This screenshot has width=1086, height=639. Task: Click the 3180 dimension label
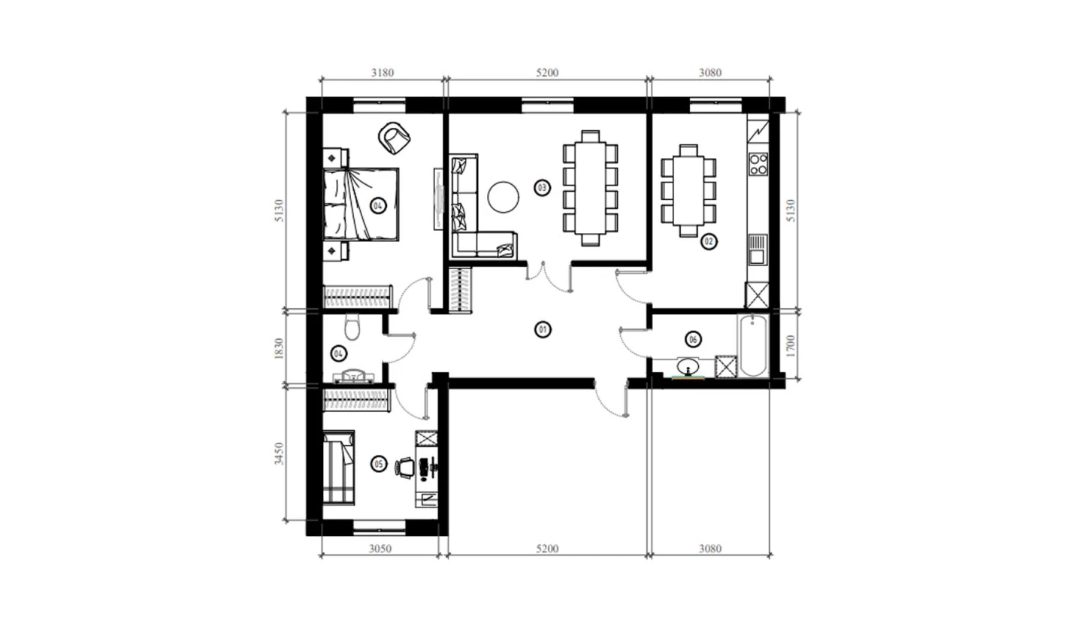click(x=382, y=73)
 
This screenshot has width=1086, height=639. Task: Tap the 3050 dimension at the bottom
click(x=380, y=549)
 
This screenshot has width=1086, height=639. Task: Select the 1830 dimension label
click(x=279, y=349)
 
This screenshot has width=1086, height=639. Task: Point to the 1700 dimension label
click(x=791, y=346)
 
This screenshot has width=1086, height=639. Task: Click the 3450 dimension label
click(x=279, y=453)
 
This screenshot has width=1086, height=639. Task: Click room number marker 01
click(x=543, y=330)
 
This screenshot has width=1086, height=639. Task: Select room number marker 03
click(x=542, y=188)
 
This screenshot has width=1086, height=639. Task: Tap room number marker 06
click(x=693, y=339)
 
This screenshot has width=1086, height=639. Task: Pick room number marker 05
click(x=379, y=464)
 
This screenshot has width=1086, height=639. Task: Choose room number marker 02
click(x=709, y=241)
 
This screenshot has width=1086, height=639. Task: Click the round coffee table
click(x=504, y=197)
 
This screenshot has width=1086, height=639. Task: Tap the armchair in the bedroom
click(x=394, y=138)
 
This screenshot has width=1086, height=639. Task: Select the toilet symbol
click(x=352, y=327)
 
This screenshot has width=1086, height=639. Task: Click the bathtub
click(x=753, y=345)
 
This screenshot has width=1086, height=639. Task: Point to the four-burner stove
click(x=758, y=163)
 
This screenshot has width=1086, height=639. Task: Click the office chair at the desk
click(x=404, y=468)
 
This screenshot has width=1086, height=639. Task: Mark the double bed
click(x=361, y=204)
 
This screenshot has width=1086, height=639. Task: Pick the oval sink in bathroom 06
click(x=688, y=367)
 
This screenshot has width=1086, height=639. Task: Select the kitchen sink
click(x=758, y=249)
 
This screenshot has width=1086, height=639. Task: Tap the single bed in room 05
click(x=338, y=468)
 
